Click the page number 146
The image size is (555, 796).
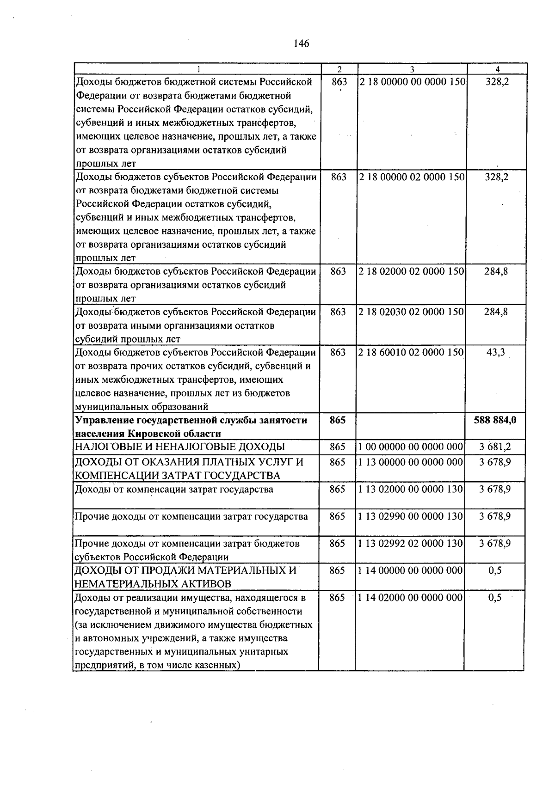point(301,44)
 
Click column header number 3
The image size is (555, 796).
point(412,69)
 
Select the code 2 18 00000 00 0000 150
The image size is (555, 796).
point(412,82)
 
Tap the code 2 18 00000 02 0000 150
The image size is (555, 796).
point(412,177)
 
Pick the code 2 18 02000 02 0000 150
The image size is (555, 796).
point(412,271)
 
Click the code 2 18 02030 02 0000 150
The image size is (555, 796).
point(412,312)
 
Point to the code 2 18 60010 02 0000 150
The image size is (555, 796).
point(412,352)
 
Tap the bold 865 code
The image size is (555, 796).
point(338,420)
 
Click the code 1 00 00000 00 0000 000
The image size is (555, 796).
point(411,447)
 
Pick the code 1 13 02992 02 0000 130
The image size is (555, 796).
point(411,544)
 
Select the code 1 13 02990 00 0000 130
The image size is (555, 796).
point(411,516)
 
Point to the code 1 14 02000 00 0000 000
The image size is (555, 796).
point(411,598)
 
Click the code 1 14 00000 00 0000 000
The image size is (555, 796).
point(411,571)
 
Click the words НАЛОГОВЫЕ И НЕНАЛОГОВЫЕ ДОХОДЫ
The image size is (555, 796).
point(180,447)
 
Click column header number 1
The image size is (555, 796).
point(198,69)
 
